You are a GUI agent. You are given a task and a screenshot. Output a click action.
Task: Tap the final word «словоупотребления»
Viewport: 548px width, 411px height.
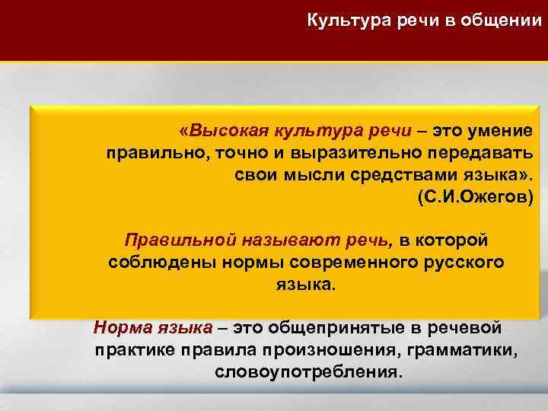click(307, 374)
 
